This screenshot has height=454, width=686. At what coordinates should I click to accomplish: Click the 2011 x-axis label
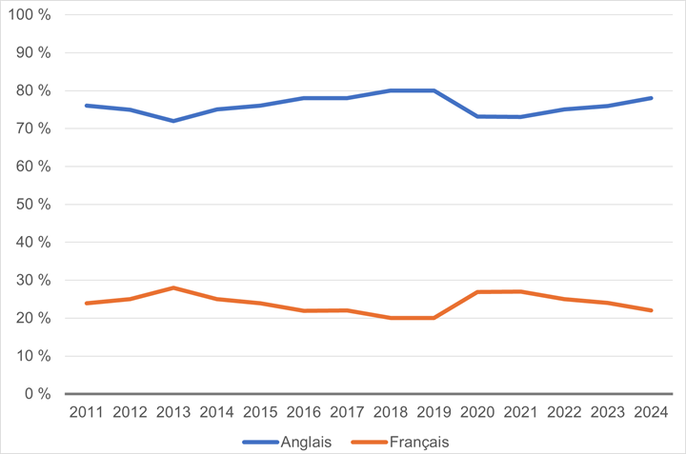point(88,412)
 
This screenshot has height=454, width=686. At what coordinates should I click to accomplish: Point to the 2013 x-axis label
point(174,412)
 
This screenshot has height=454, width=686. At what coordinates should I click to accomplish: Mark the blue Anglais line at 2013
point(174,121)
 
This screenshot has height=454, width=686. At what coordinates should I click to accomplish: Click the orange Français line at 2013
point(174,287)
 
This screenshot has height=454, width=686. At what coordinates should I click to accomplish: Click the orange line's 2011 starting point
point(88,303)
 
